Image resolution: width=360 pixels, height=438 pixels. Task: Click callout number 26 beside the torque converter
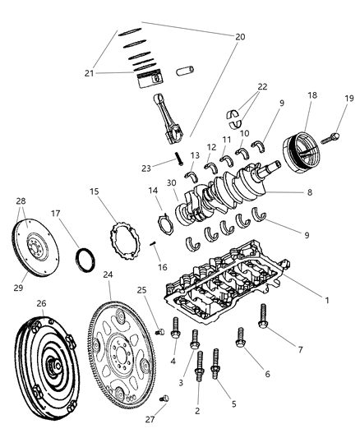coord(41,303)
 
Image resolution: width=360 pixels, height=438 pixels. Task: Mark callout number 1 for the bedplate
coord(326,301)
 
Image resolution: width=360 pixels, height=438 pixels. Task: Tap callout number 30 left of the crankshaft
coord(171,184)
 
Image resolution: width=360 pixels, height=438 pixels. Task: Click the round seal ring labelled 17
coord(84,260)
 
